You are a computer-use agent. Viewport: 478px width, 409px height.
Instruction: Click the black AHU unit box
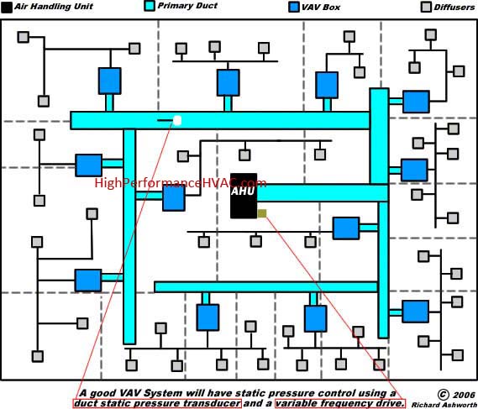click(244, 196)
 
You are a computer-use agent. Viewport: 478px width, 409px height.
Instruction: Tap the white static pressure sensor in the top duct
click(177, 120)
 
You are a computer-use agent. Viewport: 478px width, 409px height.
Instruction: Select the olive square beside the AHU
click(262, 213)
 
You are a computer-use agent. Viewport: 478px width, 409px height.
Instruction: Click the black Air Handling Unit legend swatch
click(7, 8)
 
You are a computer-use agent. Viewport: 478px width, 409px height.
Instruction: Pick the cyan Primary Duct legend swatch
click(150, 6)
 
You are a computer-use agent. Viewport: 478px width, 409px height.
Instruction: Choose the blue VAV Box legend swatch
click(293, 7)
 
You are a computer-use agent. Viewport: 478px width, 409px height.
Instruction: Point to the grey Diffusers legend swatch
click(426, 7)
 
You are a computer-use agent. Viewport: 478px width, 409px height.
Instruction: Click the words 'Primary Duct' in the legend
click(187, 6)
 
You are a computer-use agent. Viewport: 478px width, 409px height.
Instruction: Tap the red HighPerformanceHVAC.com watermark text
click(181, 183)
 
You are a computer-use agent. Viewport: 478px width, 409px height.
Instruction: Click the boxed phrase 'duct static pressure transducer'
click(157, 403)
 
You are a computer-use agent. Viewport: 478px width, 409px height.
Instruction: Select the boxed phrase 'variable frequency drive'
click(340, 403)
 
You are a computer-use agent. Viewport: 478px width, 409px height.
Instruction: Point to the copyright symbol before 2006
click(443, 395)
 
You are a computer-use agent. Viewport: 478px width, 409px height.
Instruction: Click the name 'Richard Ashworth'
click(444, 405)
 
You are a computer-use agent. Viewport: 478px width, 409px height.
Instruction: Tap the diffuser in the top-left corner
click(24, 37)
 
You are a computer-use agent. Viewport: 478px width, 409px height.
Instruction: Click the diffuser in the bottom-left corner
click(38, 356)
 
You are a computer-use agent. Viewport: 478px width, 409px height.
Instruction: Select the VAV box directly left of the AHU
click(174, 198)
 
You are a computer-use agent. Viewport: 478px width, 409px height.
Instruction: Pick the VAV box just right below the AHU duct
click(346, 228)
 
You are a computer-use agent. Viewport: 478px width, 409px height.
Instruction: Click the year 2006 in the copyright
click(465, 396)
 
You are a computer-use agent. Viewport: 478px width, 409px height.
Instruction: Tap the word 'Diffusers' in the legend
click(454, 8)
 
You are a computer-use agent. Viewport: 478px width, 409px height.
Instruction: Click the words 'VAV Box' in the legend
click(321, 8)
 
